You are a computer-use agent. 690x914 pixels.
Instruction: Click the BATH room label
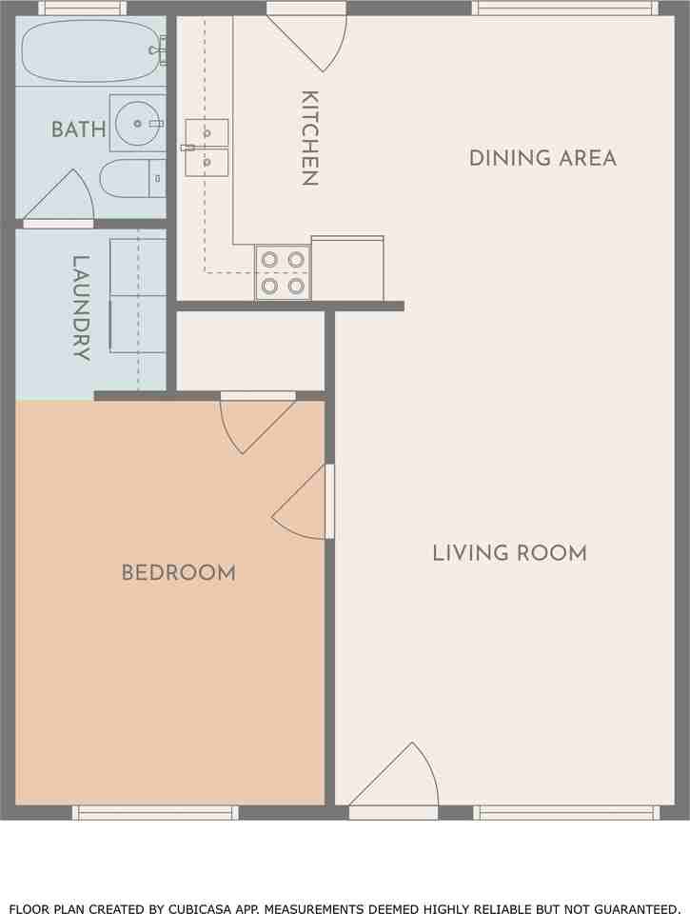pyautogui.click(x=79, y=129)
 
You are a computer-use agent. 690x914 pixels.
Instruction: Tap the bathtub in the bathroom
pyautogui.click(x=90, y=51)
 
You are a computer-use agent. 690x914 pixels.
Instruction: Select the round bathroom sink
pyautogui.click(x=138, y=123)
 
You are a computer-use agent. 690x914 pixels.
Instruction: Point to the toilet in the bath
pyautogui.click(x=133, y=178)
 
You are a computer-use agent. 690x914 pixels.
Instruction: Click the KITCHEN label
pyautogui.click(x=309, y=138)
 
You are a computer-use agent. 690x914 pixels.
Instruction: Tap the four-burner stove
pyautogui.click(x=283, y=272)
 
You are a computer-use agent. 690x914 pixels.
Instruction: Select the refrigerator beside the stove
pyautogui.click(x=347, y=268)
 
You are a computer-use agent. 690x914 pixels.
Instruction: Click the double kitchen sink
pyautogui.click(x=207, y=148)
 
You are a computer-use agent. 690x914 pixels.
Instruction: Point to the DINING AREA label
pyautogui.click(x=542, y=158)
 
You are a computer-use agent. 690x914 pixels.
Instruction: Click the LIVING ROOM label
pyautogui.click(x=509, y=552)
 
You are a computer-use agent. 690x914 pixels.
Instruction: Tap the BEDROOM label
pyautogui.click(x=178, y=572)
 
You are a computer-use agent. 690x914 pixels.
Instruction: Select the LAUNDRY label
pyautogui.click(x=81, y=308)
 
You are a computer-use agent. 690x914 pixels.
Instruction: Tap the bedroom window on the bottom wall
pyautogui.click(x=155, y=812)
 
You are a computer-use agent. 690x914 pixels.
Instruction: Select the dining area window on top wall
pyautogui.click(x=564, y=9)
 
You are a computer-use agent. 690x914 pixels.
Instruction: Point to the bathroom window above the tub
pyautogui.click(x=82, y=9)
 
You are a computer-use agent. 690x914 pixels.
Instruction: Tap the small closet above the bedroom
pyautogui.click(x=250, y=351)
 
